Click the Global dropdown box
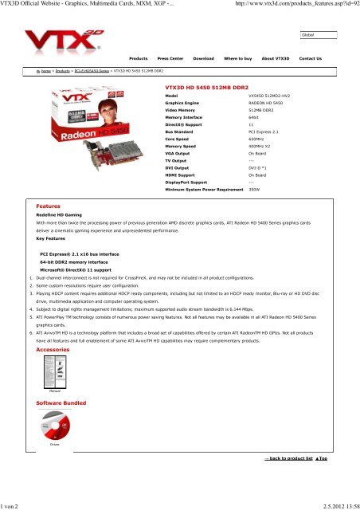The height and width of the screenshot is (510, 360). point(322,36)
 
